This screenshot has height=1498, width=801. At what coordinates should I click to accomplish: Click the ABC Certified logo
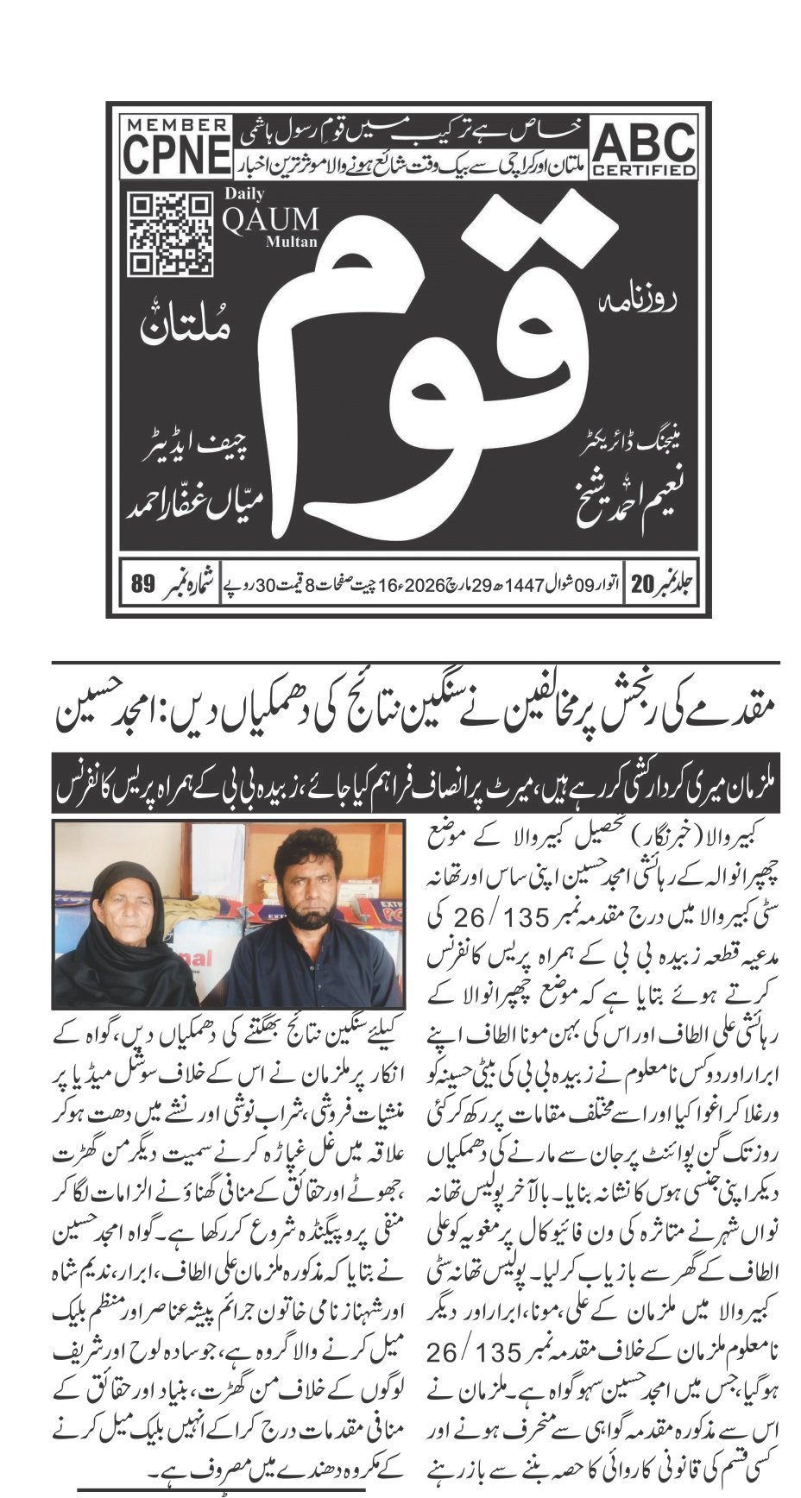point(644,148)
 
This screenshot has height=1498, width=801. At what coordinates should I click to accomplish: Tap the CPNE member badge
point(176,147)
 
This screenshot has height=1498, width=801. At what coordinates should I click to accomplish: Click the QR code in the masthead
point(170,235)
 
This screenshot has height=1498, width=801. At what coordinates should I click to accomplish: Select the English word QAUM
point(270,220)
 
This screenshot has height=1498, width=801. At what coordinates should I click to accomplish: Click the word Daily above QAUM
point(244,194)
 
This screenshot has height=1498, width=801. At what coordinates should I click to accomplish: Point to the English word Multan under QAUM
point(292,242)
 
